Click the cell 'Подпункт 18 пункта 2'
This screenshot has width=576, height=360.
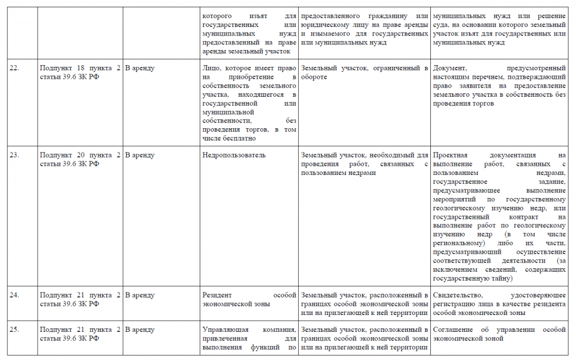coord(80,68)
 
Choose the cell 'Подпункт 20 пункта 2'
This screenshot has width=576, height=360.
coord(80,155)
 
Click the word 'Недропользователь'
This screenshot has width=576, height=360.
coord(233,155)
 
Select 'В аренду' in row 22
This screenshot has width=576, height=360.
coord(139,68)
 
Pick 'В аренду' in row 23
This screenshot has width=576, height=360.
coord(139,155)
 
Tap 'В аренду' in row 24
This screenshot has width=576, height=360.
coord(139,295)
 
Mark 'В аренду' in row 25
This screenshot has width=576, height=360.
coord(139,330)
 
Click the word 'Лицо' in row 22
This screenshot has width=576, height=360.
coord(210,68)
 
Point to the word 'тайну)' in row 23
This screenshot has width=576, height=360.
coord(499,278)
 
